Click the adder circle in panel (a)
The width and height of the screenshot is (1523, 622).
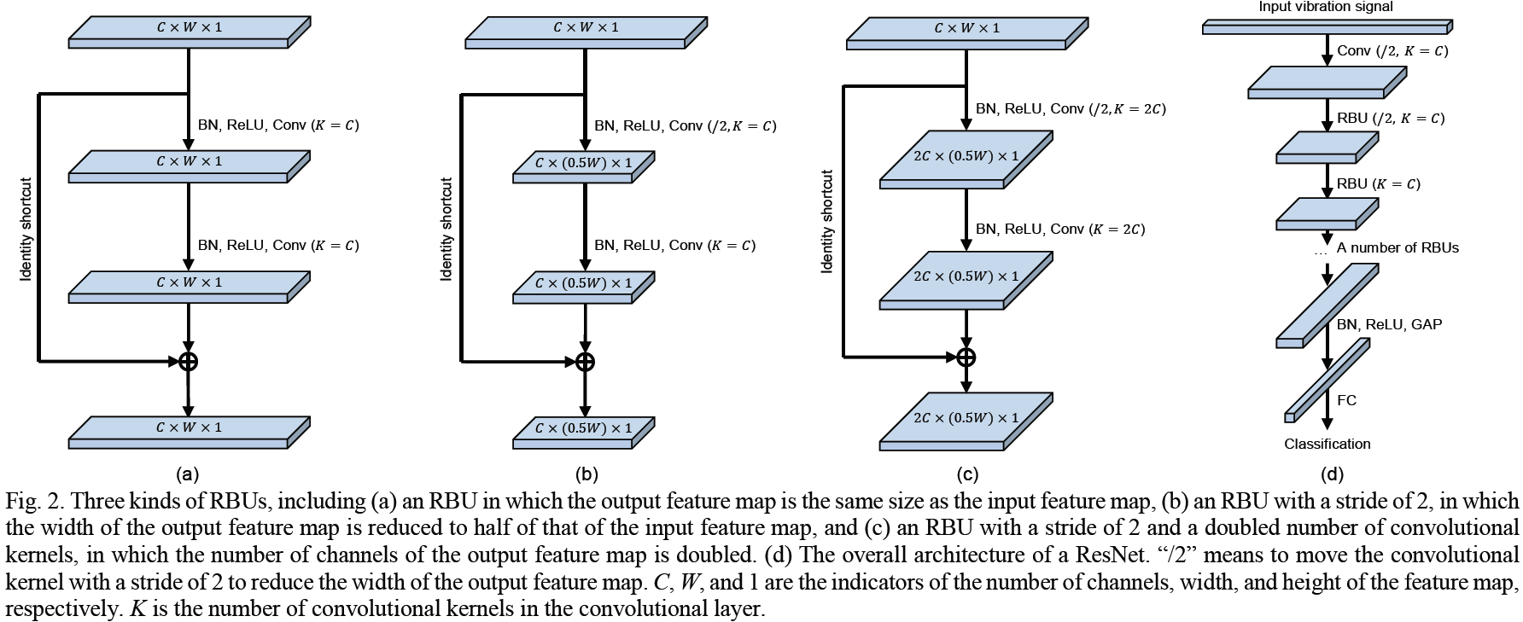click(x=189, y=361)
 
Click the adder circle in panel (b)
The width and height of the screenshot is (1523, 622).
click(x=585, y=361)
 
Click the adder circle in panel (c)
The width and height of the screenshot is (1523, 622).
click(x=966, y=357)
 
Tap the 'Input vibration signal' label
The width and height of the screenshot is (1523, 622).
click(x=1326, y=7)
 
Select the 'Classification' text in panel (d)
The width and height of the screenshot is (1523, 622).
click(x=1327, y=444)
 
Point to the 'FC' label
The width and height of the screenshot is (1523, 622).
click(x=1346, y=400)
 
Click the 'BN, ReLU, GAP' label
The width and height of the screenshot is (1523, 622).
click(x=1389, y=324)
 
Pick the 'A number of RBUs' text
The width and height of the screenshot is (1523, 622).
click(x=1398, y=248)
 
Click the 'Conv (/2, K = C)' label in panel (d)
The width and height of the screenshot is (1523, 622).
click(x=1392, y=51)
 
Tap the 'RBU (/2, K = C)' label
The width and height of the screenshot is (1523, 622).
click(x=1391, y=119)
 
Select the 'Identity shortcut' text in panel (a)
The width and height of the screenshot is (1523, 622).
click(x=26, y=230)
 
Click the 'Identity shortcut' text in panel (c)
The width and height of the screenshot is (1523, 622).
click(x=826, y=222)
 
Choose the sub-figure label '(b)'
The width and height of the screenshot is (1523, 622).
click(x=586, y=474)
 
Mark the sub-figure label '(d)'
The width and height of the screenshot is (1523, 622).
click(x=1331, y=474)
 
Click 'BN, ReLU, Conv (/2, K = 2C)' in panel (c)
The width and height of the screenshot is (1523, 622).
click(x=1071, y=109)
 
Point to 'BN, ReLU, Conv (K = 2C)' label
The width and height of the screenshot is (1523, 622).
click(x=1060, y=229)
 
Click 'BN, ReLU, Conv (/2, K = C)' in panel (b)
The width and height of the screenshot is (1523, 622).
click(x=685, y=126)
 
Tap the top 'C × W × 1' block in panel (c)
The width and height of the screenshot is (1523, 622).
click(x=966, y=34)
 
